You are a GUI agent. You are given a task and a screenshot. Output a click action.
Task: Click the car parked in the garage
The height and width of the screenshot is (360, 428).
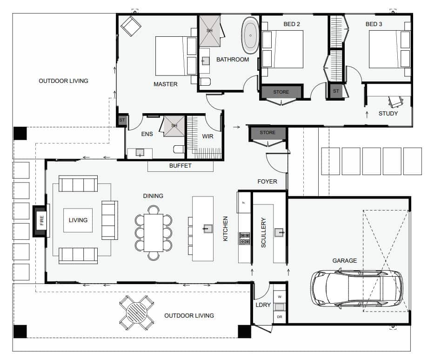[356, 289]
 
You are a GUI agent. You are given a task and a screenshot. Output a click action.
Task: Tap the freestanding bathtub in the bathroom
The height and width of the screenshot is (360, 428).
[250, 35]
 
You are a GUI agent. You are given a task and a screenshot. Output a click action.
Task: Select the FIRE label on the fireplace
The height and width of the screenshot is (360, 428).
[42, 220]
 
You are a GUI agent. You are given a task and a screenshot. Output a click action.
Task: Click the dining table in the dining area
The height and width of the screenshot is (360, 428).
[154, 232]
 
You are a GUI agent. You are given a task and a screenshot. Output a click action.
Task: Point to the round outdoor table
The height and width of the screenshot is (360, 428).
[136, 312]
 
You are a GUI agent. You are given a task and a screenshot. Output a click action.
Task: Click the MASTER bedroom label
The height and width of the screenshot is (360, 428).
[166, 84]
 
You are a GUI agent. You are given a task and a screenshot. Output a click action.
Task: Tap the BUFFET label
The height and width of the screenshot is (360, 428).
[180, 166]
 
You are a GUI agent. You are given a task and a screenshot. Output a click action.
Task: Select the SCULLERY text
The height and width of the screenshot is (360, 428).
[263, 232]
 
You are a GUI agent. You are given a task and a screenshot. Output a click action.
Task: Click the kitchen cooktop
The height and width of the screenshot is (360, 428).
[244, 238]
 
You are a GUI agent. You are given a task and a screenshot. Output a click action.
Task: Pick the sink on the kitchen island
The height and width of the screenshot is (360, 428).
[208, 228]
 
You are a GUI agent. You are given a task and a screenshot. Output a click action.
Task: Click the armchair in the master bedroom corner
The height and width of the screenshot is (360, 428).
[131, 26]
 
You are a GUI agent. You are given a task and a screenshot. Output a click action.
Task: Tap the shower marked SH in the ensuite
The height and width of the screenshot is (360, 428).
[174, 126]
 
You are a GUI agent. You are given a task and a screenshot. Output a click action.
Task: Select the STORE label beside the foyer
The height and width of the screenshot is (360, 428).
[267, 133]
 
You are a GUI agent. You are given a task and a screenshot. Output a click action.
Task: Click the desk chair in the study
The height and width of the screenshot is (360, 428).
[395, 102]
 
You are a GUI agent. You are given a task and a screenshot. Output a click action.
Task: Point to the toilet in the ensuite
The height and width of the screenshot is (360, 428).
[179, 149]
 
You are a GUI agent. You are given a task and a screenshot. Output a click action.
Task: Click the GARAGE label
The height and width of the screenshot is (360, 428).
[344, 261]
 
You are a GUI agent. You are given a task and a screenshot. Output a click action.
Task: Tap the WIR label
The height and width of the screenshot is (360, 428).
[207, 136]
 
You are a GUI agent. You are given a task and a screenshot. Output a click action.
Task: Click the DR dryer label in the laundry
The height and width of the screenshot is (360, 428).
[280, 317]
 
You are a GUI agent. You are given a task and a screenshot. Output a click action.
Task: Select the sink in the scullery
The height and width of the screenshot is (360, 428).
[279, 232]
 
